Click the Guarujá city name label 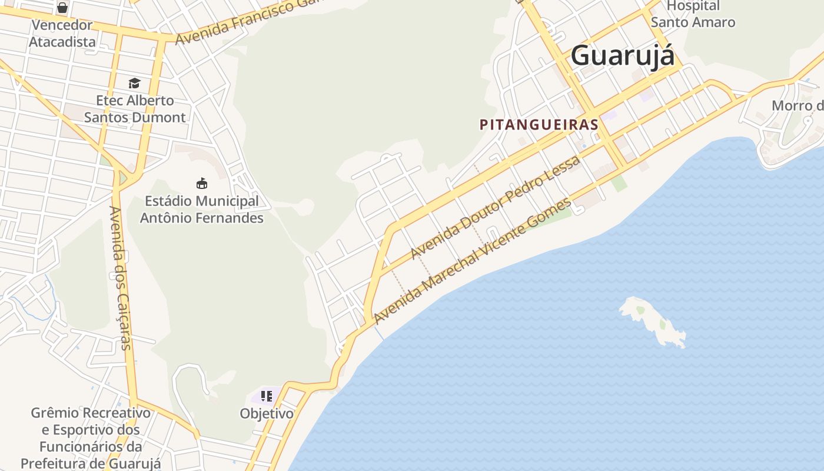point(623,56)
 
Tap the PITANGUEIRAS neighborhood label point(539,125)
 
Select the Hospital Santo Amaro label point(693,14)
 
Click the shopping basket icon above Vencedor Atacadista point(62,8)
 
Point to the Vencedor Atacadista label point(62,34)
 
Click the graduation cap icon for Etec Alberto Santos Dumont point(134,83)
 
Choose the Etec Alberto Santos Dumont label point(135,109)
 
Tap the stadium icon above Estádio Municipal point(202,183)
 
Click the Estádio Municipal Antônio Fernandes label point(201,210)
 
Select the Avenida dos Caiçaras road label point(120,278)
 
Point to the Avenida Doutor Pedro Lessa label point(495,207)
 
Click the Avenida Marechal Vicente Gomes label point(472,260)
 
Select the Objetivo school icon point(267,396)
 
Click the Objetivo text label point(267,414)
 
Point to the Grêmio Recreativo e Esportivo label point(91,438)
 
